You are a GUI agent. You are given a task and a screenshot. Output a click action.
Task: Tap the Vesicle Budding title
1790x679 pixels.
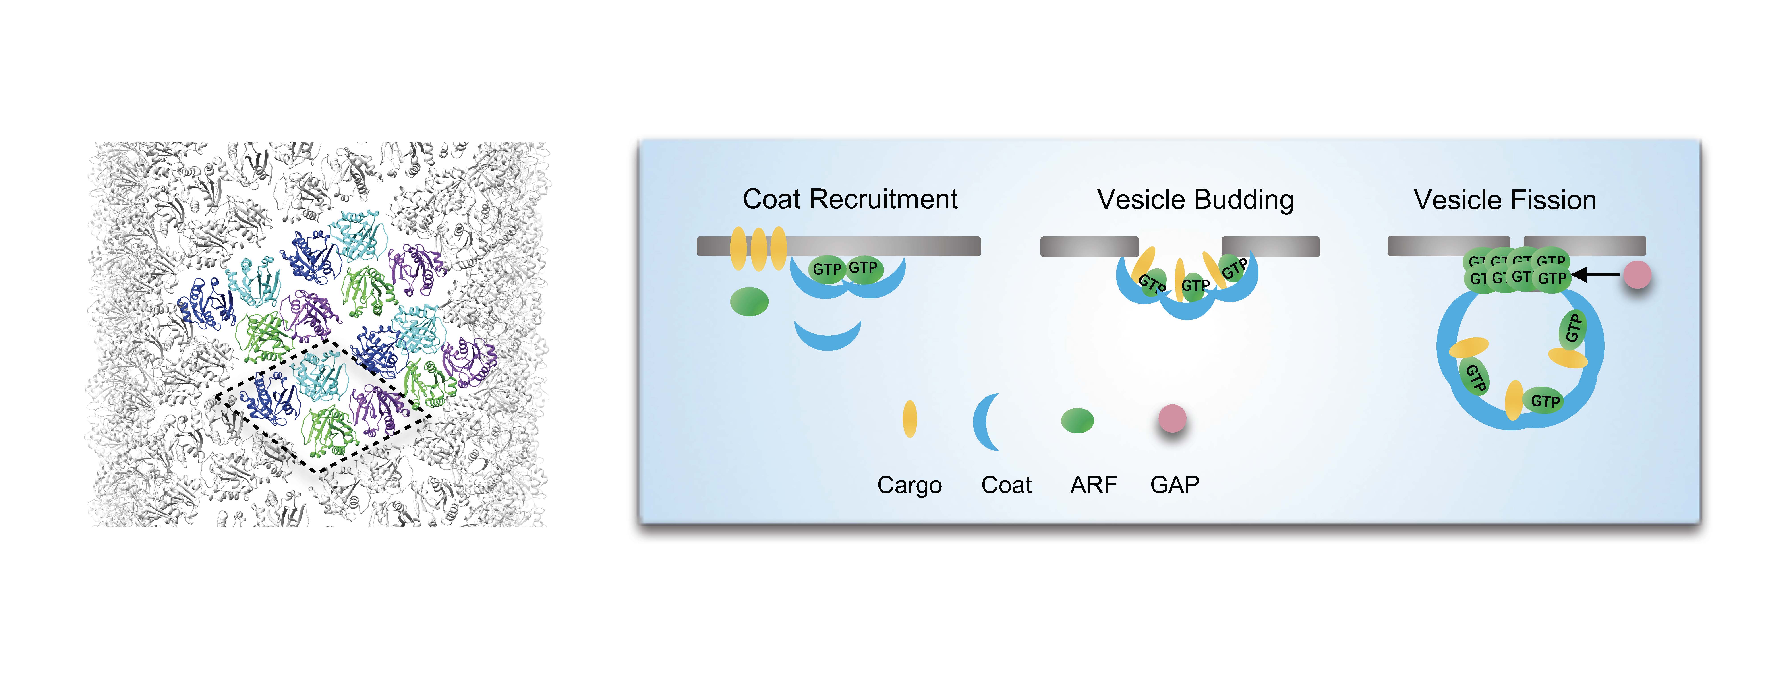1195,200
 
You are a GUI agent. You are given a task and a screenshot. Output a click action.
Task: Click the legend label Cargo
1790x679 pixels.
909,484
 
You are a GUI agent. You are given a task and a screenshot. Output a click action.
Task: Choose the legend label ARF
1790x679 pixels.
1093,484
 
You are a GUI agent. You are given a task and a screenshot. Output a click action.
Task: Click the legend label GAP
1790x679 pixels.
1174,484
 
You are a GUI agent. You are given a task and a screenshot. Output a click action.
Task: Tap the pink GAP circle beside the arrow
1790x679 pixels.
1637,275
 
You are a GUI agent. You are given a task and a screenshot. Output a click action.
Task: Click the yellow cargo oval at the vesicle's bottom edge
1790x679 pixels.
1513,400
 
